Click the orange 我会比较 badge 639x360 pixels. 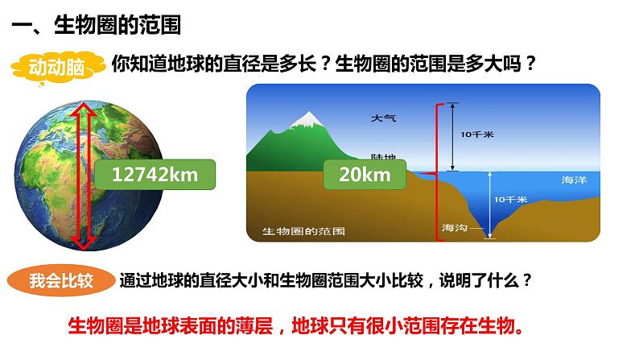pyautogui.click(x=60, y=281)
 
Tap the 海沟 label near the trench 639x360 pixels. pyautogui.click(x=454, y=228)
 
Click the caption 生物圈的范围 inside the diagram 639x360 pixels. pyautogui.click(x=304, y=231)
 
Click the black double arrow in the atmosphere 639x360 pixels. pyautogui.click(x=453, y=136)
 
